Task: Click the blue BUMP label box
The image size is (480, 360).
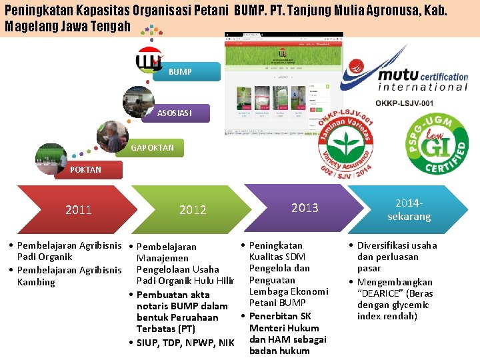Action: pos(185,71)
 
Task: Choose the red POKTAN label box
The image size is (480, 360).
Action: pos(85,169)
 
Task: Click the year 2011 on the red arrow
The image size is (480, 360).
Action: pos(79,210)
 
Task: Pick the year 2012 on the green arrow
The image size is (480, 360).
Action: pos(193,210)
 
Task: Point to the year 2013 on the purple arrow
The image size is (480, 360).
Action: pos(305,208)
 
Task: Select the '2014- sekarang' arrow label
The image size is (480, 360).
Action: pos(409,209)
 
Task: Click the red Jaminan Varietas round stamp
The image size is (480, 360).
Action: pos(345,141)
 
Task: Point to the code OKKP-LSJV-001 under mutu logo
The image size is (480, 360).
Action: pos(404,103)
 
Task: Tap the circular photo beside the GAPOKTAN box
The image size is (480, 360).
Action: pos(111,135)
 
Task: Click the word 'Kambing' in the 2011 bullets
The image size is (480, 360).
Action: pos(37,282)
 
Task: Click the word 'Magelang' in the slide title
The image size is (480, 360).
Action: pos(27,27)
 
